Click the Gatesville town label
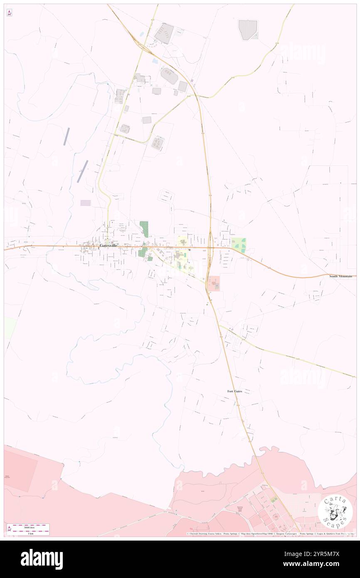[x=109, y=246]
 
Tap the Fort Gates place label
[x=235, y=391]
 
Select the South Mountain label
[x=340, y=276]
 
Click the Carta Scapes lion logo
[x=335, y=512]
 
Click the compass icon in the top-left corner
[x=9, y=13]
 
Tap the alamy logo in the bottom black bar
[x=42, y=559]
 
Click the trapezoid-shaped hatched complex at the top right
[x=248, y=30]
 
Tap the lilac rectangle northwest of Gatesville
[x=86, y=203]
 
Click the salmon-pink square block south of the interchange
[x=214, y=283]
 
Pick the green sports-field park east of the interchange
[x=239, y=245]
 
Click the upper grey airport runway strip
[x=67, y=136]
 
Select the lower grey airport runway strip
[x=82, y=171]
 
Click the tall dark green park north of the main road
[x=144, y=229]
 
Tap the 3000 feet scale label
[x=28, y=527]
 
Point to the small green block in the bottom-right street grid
[x=273, y=499]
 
